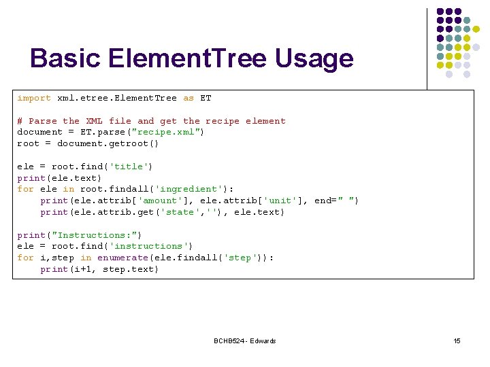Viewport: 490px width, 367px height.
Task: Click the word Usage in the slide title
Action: [314, 59]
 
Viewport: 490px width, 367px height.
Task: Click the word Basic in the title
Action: [63, 58]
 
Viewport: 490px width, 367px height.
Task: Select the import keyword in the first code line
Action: [34, 98]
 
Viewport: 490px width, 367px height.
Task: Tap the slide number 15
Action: [457, 340]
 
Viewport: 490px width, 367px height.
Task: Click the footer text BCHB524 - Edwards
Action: [244, 340]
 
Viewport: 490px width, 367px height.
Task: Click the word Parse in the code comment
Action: [43, 121]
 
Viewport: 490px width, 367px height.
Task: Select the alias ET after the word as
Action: [206, 98]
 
